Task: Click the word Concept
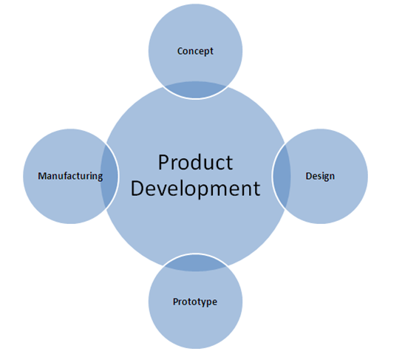[x=195, y=51]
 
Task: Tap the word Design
[x=320, y=176]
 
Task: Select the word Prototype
[x=195, y=302]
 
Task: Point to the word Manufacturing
[x=70, y=176]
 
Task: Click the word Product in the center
[x=195, y=163]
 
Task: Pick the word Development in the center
[x=195, y=189]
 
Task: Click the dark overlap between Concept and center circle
[x=195, y=89]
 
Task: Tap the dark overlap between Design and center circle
[x=282, y=176]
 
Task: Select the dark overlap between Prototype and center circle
[x=195, y=263]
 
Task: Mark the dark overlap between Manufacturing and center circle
[x=109, y=176]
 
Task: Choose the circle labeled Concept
[x=195, y=38]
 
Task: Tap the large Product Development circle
[x=195, y=225]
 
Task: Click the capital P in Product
[x=163, y=163]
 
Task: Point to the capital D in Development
[x=137, y=189]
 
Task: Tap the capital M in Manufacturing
[x=42, y=176]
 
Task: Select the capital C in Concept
[x=180, y=51]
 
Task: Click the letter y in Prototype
[x=204, y=303]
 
